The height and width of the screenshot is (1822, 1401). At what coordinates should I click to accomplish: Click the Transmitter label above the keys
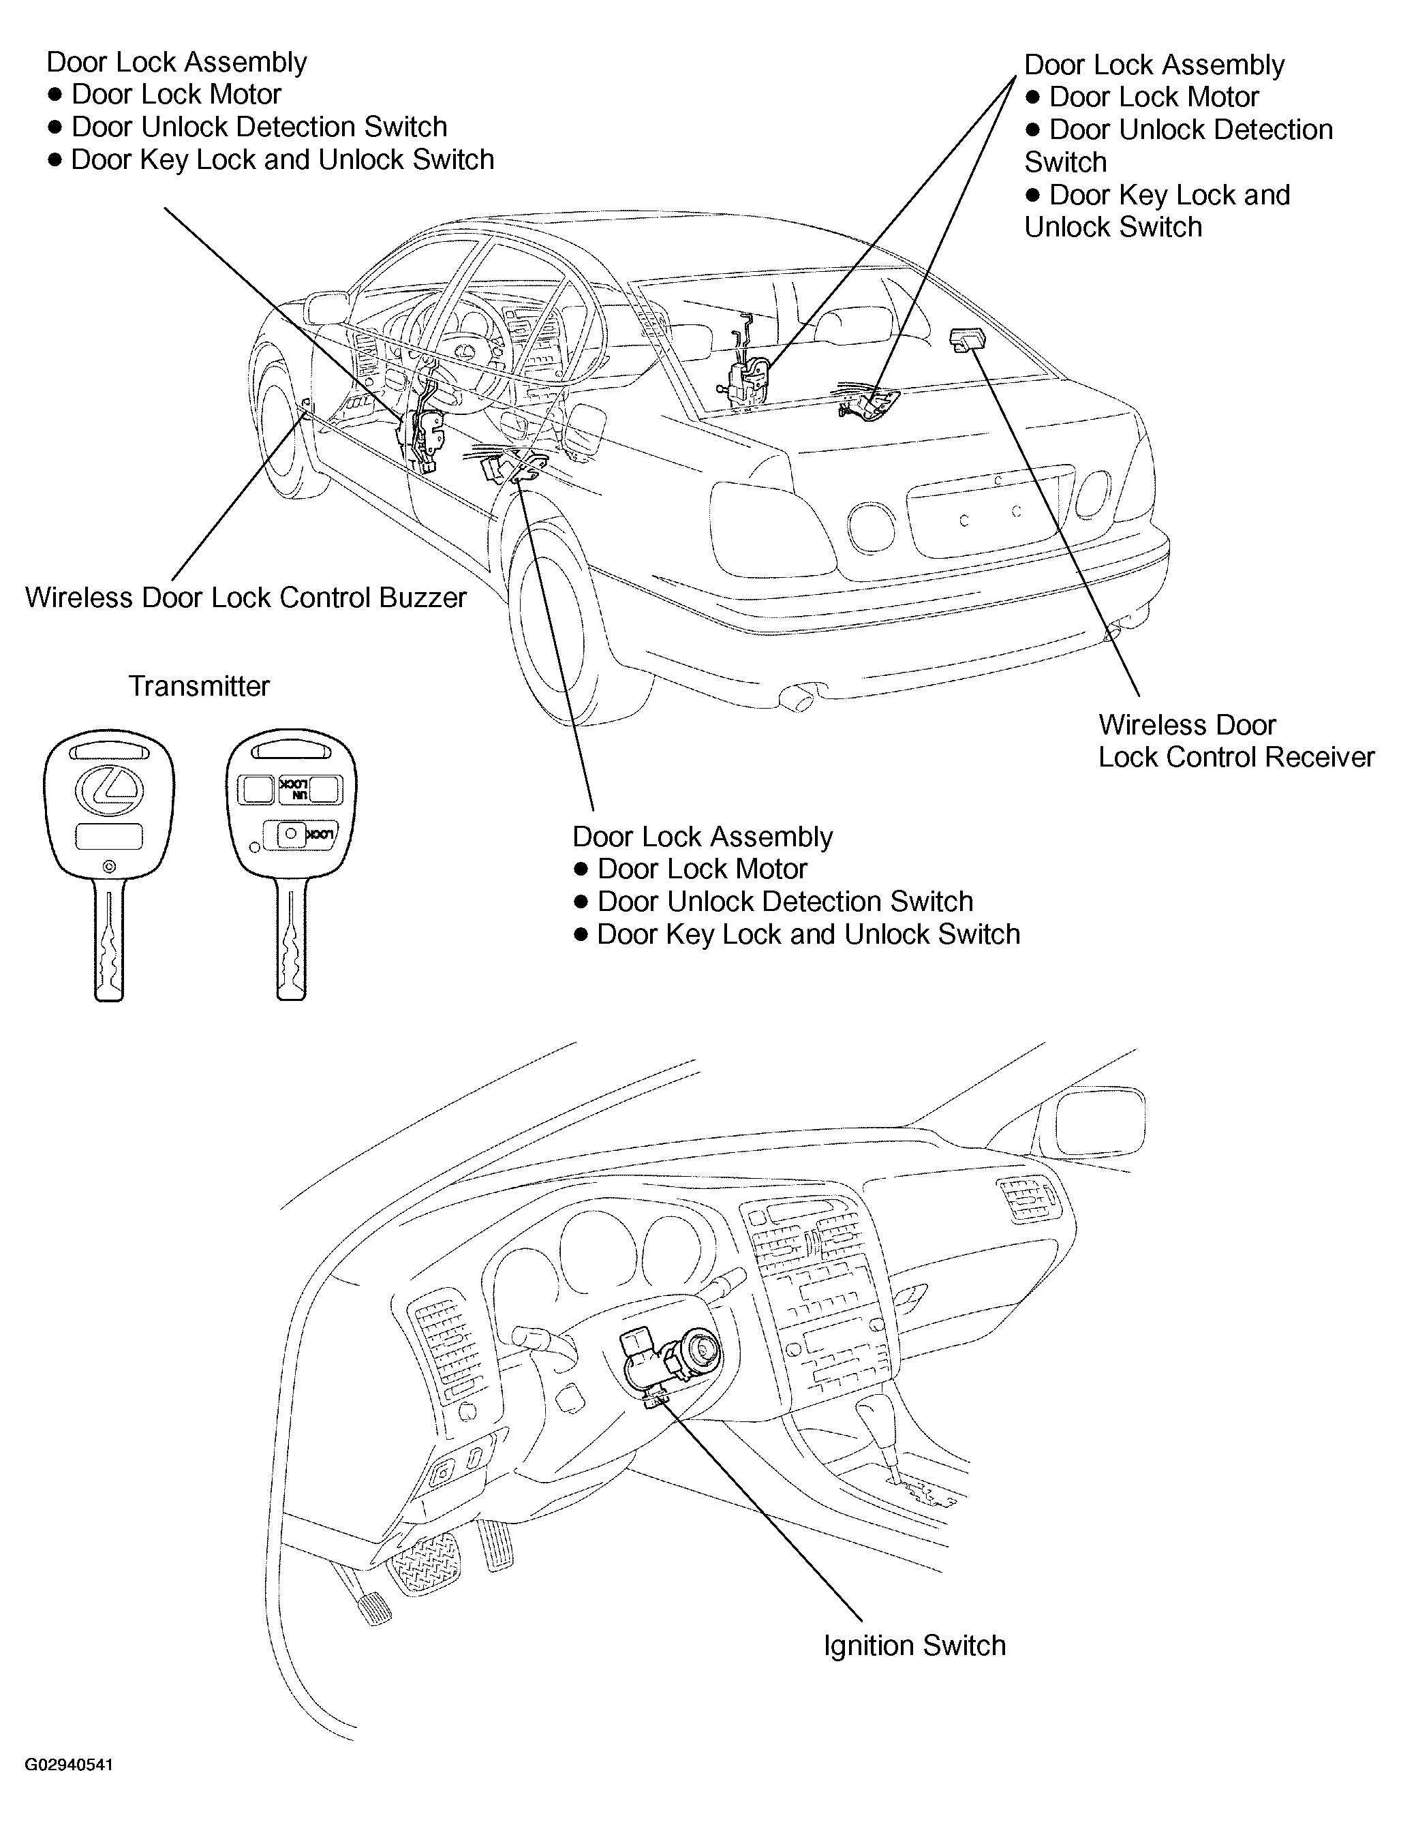click(199, 686)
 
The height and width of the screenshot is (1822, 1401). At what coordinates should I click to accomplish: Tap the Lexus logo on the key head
click(109, 788)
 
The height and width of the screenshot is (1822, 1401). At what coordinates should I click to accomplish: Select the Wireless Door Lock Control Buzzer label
click(246, 598)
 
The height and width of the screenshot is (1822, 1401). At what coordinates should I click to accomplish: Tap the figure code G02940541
click(68, 1765)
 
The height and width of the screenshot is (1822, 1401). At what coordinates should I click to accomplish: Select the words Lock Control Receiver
click(1236, 757)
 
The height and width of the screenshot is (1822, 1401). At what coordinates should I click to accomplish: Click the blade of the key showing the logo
click(109, 942)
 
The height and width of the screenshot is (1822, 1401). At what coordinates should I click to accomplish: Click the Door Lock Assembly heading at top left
click(176, 63)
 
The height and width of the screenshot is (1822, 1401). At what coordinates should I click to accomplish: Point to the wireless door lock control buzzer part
click(306, 407)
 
